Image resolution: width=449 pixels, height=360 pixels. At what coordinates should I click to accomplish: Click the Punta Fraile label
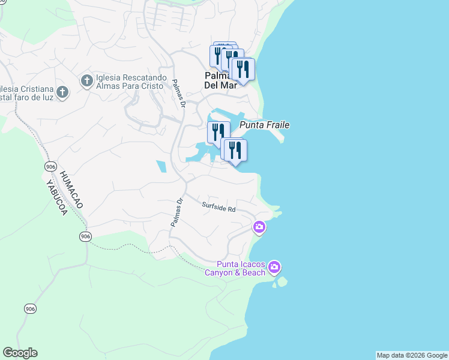click(x=265, y=125)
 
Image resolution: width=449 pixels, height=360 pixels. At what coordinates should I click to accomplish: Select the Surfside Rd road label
click(x=218, y=208)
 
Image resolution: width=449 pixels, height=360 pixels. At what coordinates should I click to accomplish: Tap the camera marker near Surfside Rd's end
click(x=259, y=227)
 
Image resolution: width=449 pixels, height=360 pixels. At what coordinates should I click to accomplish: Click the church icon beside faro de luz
click(x=64, y=92)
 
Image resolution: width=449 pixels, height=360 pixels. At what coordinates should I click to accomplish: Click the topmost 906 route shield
click(x=50, y=166)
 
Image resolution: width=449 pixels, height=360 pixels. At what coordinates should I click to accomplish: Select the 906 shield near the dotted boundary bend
click(x=85, y=237)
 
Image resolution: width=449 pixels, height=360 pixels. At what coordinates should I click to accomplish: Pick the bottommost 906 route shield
click(x=30, y=308)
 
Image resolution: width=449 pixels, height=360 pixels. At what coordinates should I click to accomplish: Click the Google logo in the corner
click(x=20, y=353)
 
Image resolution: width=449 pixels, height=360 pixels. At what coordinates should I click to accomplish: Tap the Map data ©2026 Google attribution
click(x=412, y=355)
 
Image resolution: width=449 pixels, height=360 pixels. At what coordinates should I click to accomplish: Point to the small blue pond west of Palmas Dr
click(x=161, y=167)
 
